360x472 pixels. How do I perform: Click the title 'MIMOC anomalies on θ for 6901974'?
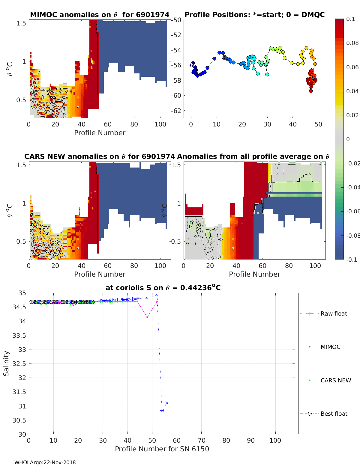point(100,15)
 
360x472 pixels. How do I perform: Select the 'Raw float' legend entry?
point(334,313)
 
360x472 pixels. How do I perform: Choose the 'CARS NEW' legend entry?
point(335,380)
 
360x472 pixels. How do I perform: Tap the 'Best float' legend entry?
point(334,414)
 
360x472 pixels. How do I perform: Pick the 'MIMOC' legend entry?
point(330,347)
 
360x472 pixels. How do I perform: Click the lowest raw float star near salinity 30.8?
point(162,411)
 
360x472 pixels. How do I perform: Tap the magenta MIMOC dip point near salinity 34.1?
point(147,317)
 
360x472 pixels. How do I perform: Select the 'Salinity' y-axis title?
point(6,363)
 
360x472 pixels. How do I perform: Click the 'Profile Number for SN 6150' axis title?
point(162,449)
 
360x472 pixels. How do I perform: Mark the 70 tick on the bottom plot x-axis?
point(202,440)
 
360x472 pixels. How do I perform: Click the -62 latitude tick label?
point(177,111)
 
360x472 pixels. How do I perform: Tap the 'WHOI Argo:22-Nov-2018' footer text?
point(45,462)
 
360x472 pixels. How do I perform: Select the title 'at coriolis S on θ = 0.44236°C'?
point(163,288)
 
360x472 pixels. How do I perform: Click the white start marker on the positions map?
point(192,65)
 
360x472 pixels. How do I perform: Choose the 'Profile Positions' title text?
point(254,15)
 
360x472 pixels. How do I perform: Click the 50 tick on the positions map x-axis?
point(318,124)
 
